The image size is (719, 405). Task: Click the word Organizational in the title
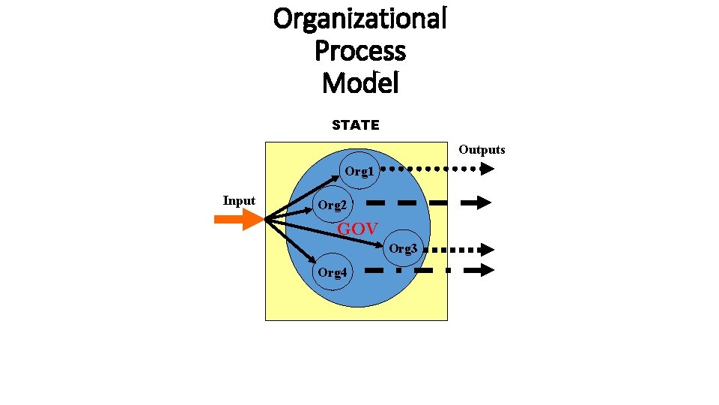359,18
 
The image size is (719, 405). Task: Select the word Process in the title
359,51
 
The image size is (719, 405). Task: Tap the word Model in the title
360,82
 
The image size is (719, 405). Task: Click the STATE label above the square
356,125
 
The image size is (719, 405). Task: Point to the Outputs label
482,150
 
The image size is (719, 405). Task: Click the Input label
239,200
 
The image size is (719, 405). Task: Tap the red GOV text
357,229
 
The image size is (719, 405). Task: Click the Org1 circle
359,172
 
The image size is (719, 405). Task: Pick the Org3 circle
403,248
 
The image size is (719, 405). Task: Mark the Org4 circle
332,272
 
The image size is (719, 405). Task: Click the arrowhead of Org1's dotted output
487,169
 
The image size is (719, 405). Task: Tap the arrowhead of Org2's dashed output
483,202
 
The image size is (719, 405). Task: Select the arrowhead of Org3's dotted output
488,250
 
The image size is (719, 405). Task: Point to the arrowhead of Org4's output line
487,271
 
